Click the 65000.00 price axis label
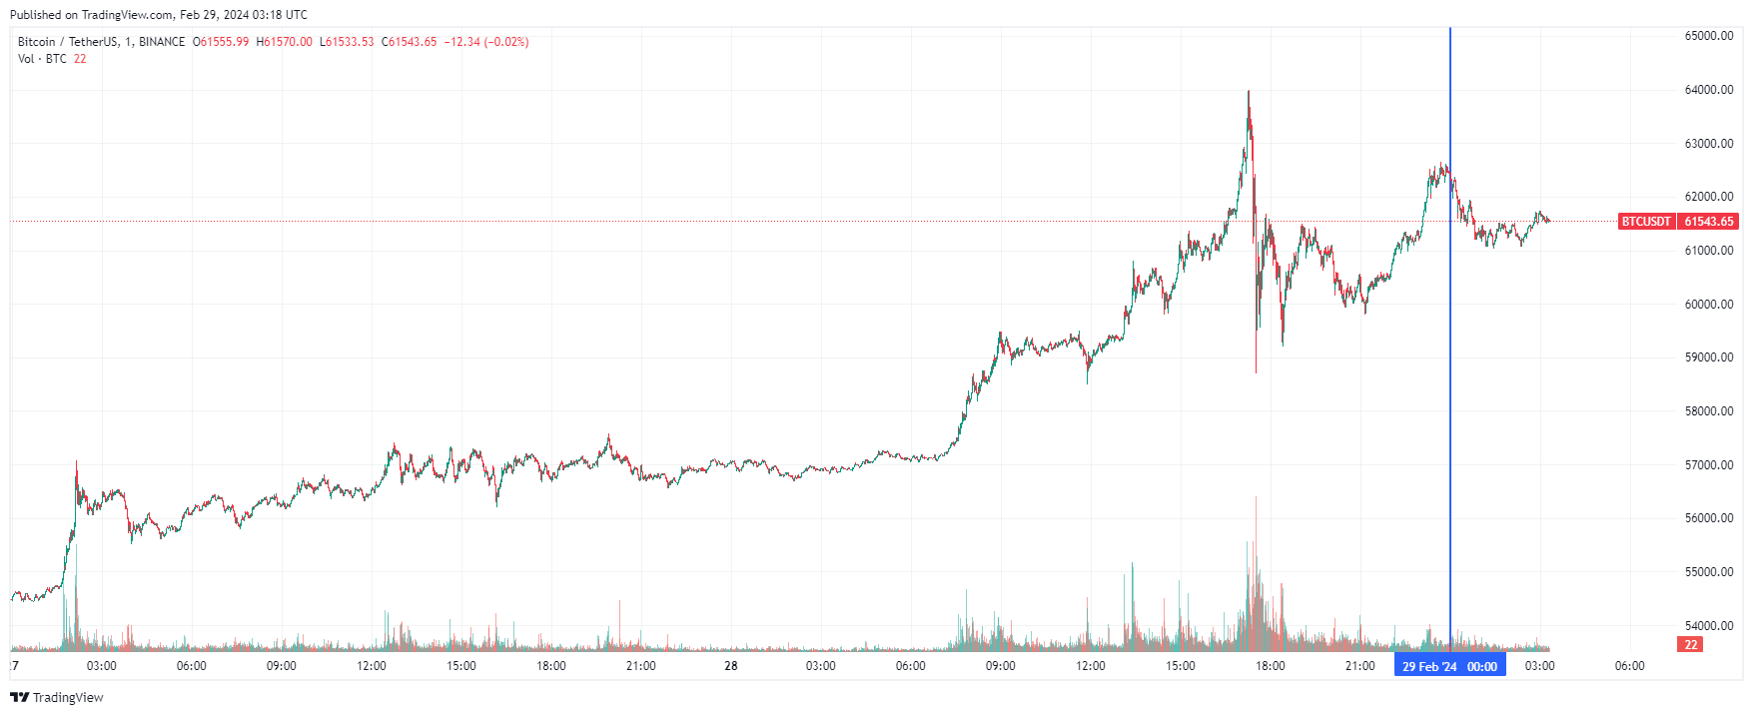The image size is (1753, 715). pyautogui.click(x=1708, y=36)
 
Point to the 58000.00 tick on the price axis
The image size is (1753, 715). pyautogui.click(x=1708, y=411)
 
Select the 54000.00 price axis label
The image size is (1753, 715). pyautogui.click(x=1708, y=626)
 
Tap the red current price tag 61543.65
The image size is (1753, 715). pyautogui.click(x=1708, y=222)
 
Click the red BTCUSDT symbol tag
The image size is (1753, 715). pyautogui.click(x=1645, y=222)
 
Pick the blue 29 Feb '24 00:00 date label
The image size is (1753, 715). pyautogui.click(x=1449, y=666)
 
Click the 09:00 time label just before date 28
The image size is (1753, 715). pyautogui.click(x=282, y=666)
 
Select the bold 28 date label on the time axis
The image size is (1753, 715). pyautogui.click(x=731, y=666)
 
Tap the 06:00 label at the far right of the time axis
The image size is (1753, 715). pyautogui.click(x=1629, y=666)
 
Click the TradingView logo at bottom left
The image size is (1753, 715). pyautogui.click(x=57, y=697)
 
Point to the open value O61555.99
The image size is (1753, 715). pyautogui.click(x=221, y=42)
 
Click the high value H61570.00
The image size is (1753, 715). pyautogui.click(x=284, y=42)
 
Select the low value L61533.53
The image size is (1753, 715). pyautogui.click(x=347, y=42)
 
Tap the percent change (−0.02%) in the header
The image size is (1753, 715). pyautogui.click(x=506, y=42)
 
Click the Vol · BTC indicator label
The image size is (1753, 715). pyautogui.click(x=42, y=59)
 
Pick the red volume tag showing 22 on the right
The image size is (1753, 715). pyautogui.click(x=1690, y=645)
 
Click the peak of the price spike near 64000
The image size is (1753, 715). pyautogui.click(x=1249, y=93)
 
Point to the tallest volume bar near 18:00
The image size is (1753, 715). pyautogui.click(x=1256, y=499)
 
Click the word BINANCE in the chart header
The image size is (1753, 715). pyautogui.click(x=162, y=42)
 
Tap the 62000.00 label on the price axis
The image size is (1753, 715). pyautogui.click(x=1708, y=197)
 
